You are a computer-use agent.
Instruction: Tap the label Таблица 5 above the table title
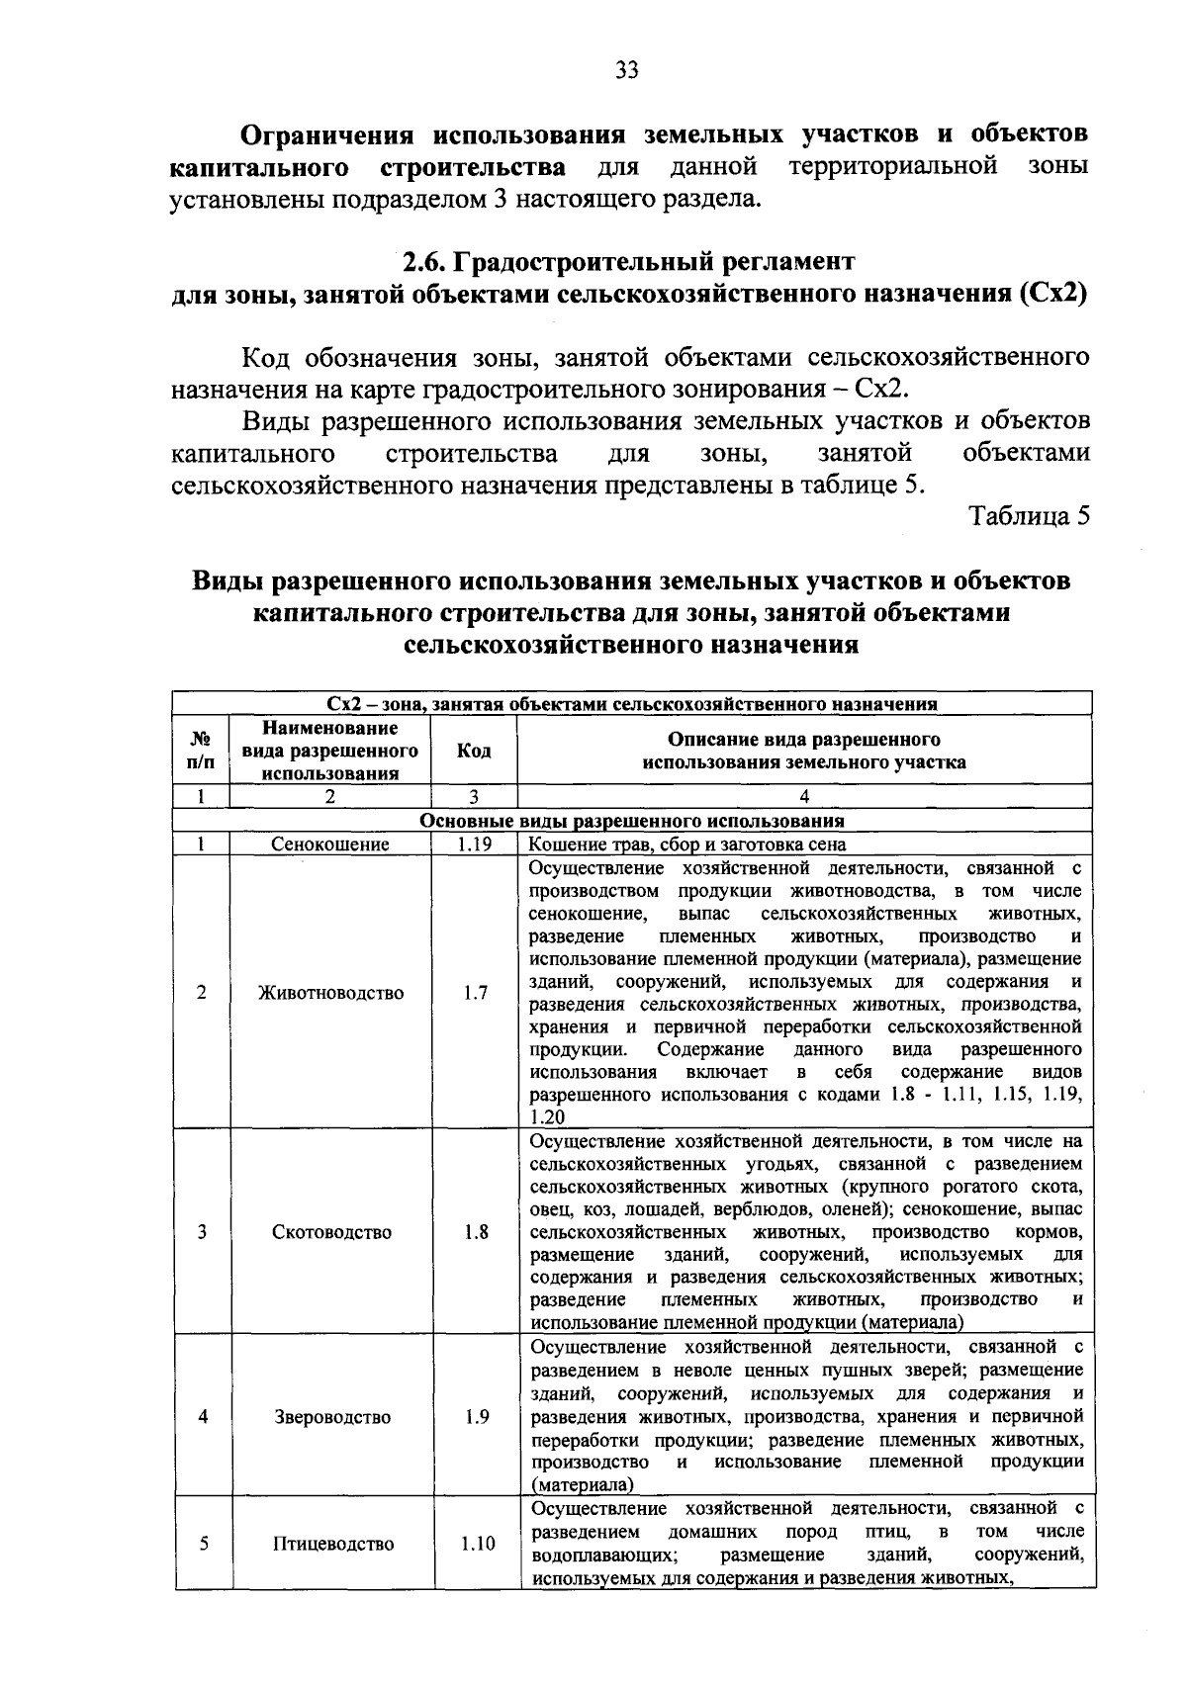1029,516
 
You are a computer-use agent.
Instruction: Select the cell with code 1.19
475,845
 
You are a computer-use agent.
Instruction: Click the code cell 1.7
475,992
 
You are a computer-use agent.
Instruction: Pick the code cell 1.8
475,1232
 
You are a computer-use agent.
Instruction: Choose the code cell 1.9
476,1416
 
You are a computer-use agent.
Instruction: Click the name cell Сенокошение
330,845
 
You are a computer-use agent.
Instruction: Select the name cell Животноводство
330,992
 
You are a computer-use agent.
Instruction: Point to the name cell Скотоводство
331,1232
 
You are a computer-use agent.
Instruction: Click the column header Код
475,751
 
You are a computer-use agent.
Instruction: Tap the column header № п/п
200,751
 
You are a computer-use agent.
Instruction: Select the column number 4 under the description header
804,797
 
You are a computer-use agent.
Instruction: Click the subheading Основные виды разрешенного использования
632,821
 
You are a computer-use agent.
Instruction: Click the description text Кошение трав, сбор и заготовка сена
687,845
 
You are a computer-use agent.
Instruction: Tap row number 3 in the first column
202,1232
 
